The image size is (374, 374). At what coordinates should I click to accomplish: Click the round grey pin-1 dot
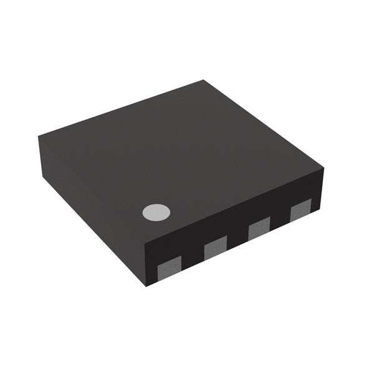tap(156, 213)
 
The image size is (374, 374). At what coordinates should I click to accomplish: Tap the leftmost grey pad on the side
tap(169, 267)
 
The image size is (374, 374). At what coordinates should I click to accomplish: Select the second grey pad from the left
tap(216, 249)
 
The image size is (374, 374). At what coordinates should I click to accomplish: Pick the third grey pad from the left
tap(259, 228)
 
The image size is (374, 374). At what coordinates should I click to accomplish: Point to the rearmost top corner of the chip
tap(203, 80)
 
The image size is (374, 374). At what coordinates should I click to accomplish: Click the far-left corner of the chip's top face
tap(39, 137)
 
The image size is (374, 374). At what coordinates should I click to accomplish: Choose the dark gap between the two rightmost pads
tap(280, 220)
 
